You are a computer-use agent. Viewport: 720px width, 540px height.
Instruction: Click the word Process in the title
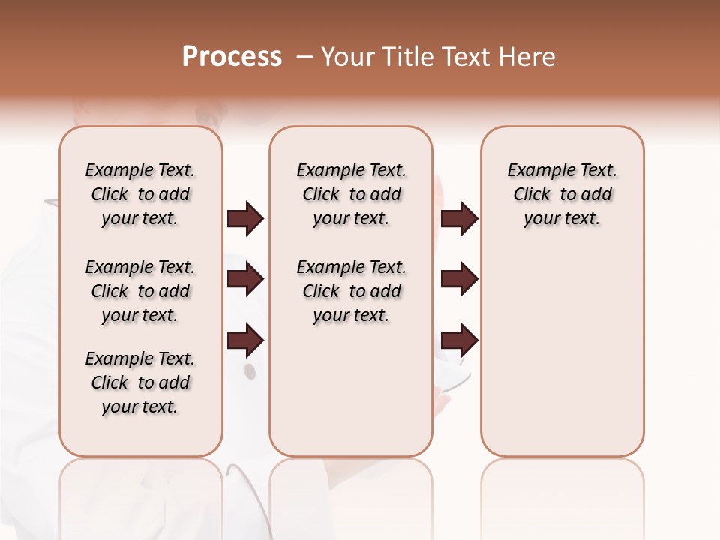pos(232,57)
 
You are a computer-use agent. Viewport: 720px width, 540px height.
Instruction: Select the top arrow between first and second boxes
pos(245,219)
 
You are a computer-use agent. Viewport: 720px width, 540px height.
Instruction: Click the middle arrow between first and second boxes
pos(245,280)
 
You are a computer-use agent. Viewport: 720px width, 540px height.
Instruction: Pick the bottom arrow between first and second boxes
pos(245,340)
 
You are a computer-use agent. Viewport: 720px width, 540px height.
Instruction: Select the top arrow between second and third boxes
pos(459,219)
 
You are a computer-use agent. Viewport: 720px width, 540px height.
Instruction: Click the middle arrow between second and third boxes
pos(459,280)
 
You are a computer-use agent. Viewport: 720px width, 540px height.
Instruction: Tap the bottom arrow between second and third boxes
pos(459,340)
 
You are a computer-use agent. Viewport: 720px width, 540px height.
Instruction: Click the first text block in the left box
pos(140,194)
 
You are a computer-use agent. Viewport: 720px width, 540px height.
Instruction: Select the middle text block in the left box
pos(140,291)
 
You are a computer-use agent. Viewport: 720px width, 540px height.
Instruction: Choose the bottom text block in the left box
pos(140,382)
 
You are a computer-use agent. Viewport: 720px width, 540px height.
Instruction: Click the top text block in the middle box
pos(351,194)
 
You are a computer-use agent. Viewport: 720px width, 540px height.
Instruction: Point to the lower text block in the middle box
pos(351,291)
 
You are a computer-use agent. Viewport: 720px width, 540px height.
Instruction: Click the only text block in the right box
pos(562,194)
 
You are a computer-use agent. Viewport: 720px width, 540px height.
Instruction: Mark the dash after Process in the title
pos(304,57)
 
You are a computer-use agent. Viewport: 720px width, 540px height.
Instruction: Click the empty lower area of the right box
pos(562,360)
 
